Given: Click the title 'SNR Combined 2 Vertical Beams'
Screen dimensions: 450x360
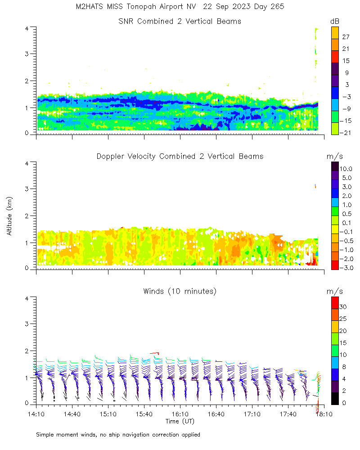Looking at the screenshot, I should (x=180, y=21).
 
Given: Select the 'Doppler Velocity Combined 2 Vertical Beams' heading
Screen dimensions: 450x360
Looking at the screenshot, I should (x=180, y=156).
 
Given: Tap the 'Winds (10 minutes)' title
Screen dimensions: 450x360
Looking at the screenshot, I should (x=180, y=291).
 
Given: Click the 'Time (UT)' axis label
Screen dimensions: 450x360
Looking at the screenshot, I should (x=180, y=421).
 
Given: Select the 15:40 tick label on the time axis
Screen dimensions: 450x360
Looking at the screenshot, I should (x=144, y=414).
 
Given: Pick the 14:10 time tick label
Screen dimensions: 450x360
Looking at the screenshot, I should (x=36, y=414).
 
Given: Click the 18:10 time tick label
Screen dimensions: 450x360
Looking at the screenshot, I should (x=324, y=414).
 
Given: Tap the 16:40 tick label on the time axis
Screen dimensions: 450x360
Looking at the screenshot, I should (x=216, y=414).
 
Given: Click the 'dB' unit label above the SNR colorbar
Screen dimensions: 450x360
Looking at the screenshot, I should (x=335, y=21).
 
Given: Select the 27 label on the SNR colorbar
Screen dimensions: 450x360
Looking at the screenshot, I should (x=346, y=37).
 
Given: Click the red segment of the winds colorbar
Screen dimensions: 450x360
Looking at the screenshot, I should (x=335, y=302).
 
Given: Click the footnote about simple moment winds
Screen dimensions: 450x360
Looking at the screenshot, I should (x=118, y=435).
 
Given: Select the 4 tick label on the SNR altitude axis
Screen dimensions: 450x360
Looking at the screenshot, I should (x=27, y=28).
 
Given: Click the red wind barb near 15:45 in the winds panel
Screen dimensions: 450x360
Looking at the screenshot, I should (x=154, y=353).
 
